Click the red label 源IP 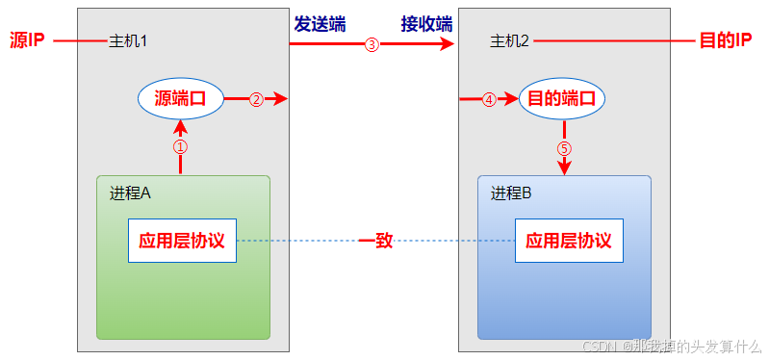[27, 42]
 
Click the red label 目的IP [724, 42]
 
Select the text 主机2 [510, 41]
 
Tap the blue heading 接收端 [426, 23]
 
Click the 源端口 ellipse [181, 98]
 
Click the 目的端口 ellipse [563, 98]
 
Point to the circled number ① [180, 147]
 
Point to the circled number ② [256, 99]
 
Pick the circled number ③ [372, 44]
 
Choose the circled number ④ [489, 99]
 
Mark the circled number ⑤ [564, 149]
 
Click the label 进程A [131, 193]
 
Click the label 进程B [512, 193]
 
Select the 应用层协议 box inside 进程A [182, 241]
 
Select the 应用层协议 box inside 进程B [570, 241]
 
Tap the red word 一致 [376, 241]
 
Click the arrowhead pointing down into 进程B [564, 168]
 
